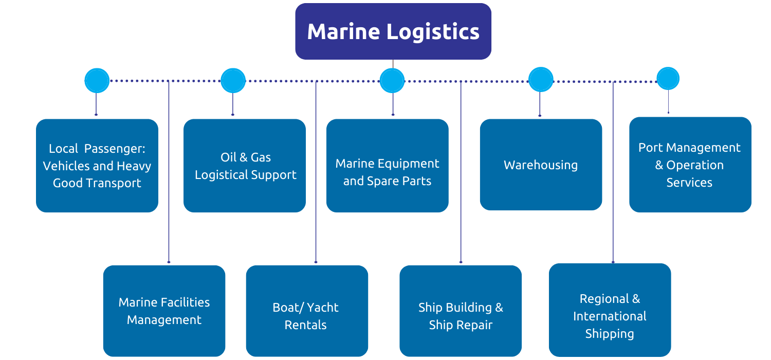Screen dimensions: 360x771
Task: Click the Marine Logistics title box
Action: (x=393, y=31)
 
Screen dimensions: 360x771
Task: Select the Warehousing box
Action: (x=541, y=165)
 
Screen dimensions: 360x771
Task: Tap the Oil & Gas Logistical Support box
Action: (x=245, y=166)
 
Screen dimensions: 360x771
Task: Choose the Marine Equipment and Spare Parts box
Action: (x=387, y=166)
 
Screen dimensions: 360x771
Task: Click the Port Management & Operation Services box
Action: (x=690, y=165)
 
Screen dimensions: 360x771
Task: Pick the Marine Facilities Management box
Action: (x=164, y=311)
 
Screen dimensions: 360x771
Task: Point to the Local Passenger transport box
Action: (x=97, y=166)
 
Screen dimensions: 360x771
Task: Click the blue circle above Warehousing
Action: (x=541, y=80)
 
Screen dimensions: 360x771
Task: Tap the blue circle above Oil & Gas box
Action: (x=233, y=81)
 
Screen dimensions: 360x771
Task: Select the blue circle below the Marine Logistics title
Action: (x=392, y=81)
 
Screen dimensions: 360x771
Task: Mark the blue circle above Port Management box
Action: (x=668, y=79)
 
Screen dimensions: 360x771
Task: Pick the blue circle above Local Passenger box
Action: (x=97, y=81)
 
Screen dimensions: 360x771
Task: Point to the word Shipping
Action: (x=610, y=334)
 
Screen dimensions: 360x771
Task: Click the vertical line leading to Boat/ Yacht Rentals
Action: (x=316, y=175)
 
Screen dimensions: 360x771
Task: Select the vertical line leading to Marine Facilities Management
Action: (x=169, y=175)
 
